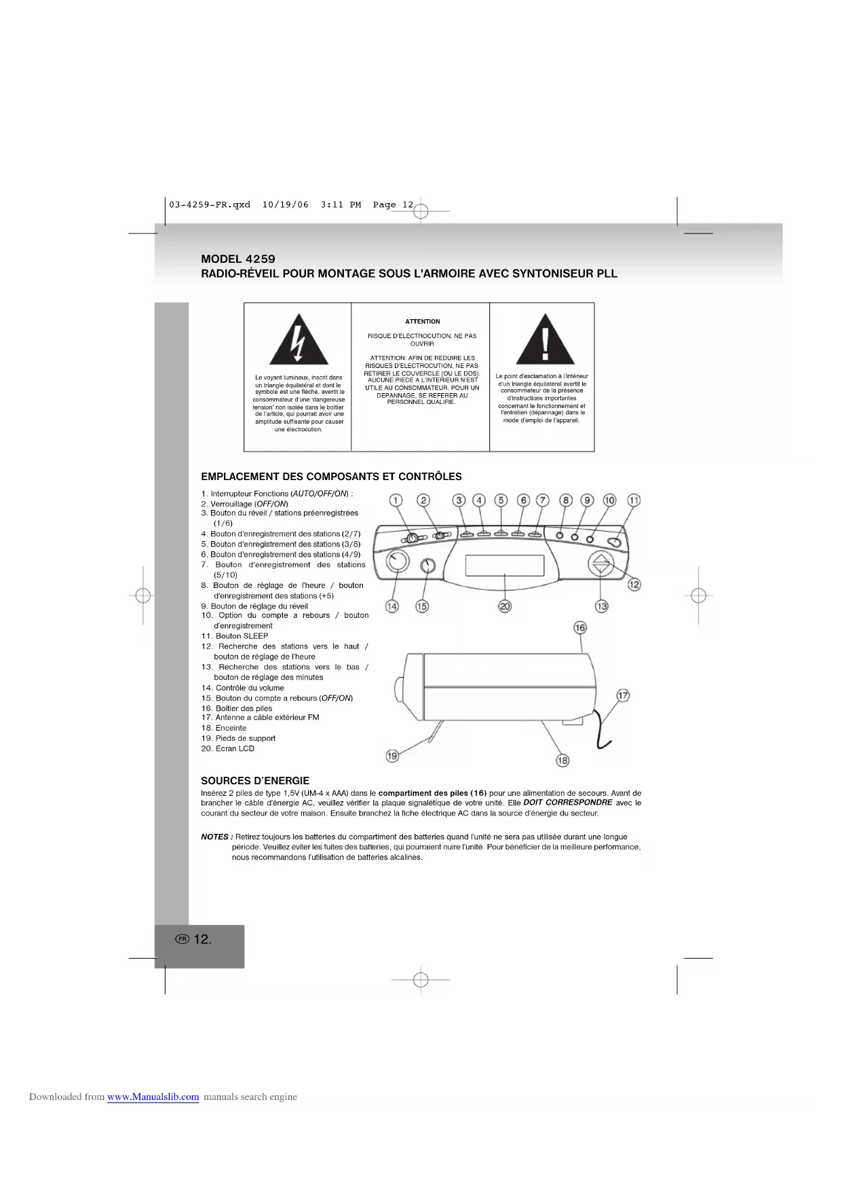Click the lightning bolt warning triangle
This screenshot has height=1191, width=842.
[299, 342]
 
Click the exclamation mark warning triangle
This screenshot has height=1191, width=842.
[545, 342]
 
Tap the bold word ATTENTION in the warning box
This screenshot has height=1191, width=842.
[422, 322]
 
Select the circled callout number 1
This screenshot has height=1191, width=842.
[396, 500]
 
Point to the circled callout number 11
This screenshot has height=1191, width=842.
[634, 500]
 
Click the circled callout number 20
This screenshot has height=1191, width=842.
[505, 606]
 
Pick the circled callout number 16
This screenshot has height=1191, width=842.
[580, 627]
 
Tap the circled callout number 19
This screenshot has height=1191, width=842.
[392, 756]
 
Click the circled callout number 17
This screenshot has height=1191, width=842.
[623, 695]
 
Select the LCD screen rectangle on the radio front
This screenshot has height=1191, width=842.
[505, 565]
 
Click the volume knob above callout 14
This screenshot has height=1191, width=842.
[398, 562]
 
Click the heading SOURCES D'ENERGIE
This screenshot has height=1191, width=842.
[255, 781]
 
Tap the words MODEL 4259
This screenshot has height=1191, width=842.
[238, 259]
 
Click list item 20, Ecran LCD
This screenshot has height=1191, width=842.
[228, 748]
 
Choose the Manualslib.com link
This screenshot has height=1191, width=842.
[153, 1097]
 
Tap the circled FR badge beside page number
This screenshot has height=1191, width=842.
[182, 939]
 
